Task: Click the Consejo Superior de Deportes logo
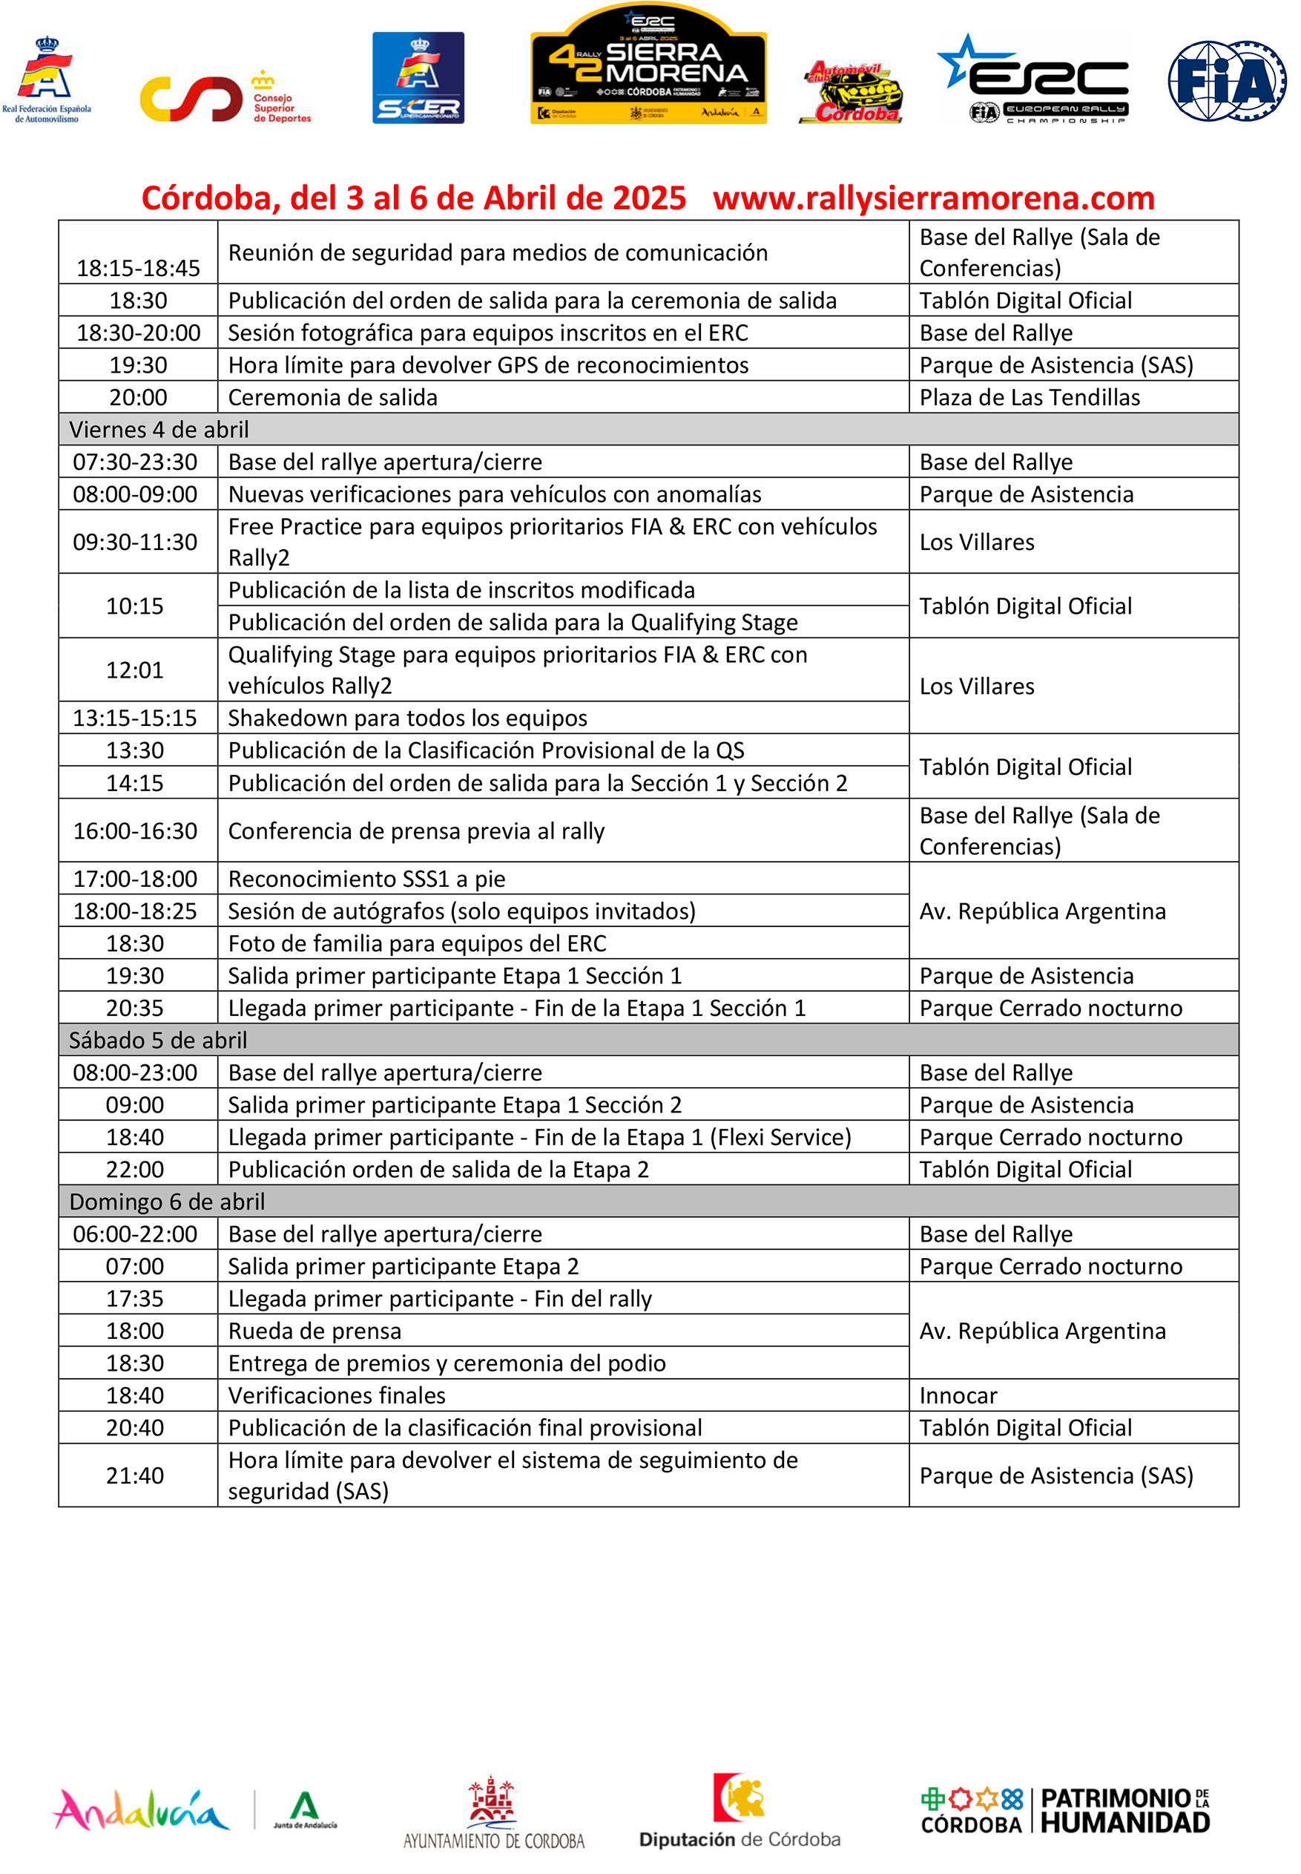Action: click(225, 99)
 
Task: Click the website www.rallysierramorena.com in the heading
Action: click(933, 198)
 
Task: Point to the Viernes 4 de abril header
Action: click(159, 429)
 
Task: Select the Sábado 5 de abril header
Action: click(158, 1040)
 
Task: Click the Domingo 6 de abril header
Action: click(167, 1202)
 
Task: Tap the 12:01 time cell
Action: click(135, 669)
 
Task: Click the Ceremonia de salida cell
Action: click(332, 397)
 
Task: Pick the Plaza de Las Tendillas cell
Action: click(1030, 397)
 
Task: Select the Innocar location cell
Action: click(958, 1395)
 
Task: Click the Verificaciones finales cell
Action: click(337, 1395)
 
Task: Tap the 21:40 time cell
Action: click(135, 1475)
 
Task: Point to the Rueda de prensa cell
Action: click(314, 1331)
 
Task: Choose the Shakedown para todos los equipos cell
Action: click(407, 718)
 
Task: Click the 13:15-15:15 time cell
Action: click(135, 718)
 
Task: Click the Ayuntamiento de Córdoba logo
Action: click(494, 1812)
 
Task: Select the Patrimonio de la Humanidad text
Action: click(1124, 1809)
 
